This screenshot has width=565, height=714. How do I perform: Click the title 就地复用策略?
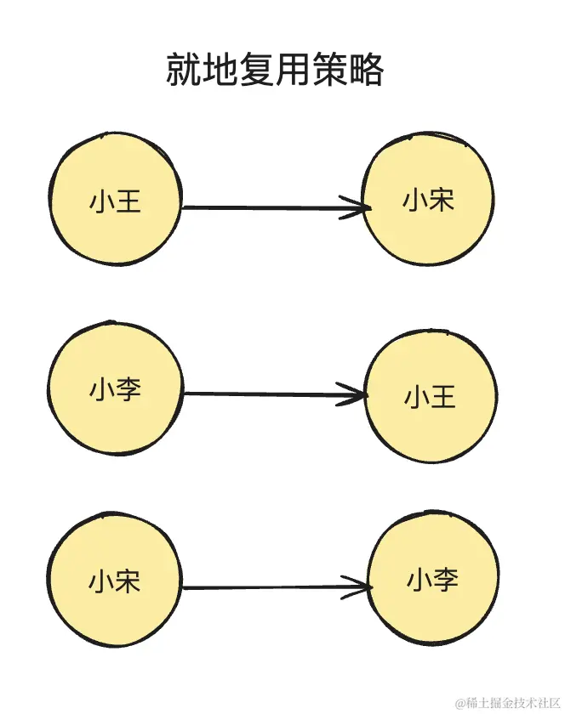274,70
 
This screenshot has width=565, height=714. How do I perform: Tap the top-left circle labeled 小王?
115,199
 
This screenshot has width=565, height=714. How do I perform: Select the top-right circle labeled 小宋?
428,199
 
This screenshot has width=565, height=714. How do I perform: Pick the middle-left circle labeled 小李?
115,390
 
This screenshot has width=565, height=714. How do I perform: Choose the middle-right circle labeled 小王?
431,396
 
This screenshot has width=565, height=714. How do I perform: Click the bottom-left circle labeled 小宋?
115,580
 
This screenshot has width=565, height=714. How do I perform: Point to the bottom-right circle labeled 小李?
432,580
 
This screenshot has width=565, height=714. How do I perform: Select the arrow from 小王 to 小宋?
272,207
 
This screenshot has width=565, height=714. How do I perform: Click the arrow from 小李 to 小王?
272,394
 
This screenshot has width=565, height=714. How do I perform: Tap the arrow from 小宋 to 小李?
272,587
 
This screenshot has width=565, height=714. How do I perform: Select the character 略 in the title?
366,71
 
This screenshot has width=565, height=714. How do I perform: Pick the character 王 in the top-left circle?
128,201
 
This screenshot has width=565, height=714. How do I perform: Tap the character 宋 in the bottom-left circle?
128,582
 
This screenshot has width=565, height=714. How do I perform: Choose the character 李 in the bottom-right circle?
446,580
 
